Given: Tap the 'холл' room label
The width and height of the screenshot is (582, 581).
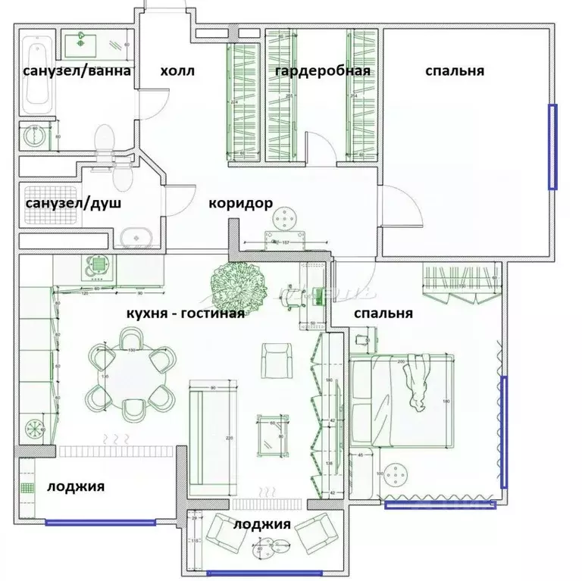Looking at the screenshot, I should (x=177, y=71).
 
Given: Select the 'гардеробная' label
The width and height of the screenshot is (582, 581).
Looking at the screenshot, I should (x=323, y=71).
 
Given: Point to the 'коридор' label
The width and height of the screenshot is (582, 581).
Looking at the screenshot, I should (x=241, y=204).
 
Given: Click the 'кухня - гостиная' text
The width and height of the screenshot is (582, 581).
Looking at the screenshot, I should (x=186, y=313).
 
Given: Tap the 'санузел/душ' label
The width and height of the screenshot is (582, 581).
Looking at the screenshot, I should (x=73, y=204).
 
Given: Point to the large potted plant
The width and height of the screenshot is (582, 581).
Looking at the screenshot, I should (x=240, y=280).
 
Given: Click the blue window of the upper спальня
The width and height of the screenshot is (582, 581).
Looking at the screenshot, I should (x=553, y=146).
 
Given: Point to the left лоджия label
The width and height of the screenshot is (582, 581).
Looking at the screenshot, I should (x=76, y=486).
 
